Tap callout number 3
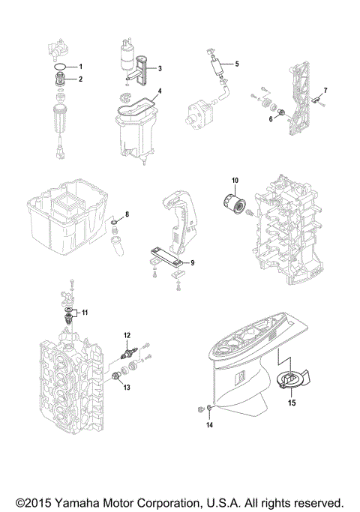click(x=160, y=67)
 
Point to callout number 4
click(x=160, y=95)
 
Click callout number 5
click(x=236, y=64)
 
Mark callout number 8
click(x=127, y=215)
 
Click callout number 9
click(x=192, y=262)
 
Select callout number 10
click(x=234, y=180)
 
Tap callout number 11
click(x=84, y=311)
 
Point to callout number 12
click(x=127, y=334)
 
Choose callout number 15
click(x=291, y=402)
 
